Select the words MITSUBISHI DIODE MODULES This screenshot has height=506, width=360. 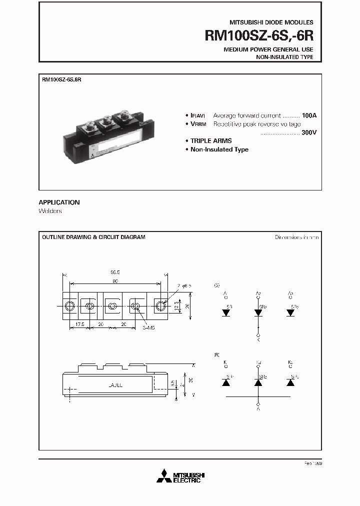point(271,22)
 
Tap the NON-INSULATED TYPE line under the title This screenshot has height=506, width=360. point(284,57)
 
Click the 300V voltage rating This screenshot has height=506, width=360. point(309,132)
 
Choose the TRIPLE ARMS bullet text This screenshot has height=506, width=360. point(211,141)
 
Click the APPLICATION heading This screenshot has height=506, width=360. point(59,202)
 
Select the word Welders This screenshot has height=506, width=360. point(50,211)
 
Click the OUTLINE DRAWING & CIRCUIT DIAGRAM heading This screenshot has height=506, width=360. point(93,237)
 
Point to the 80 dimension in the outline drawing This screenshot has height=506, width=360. point(115,281)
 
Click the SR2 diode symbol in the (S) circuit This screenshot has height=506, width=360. point(258,312)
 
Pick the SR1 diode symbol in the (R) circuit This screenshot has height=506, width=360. point(225,382)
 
